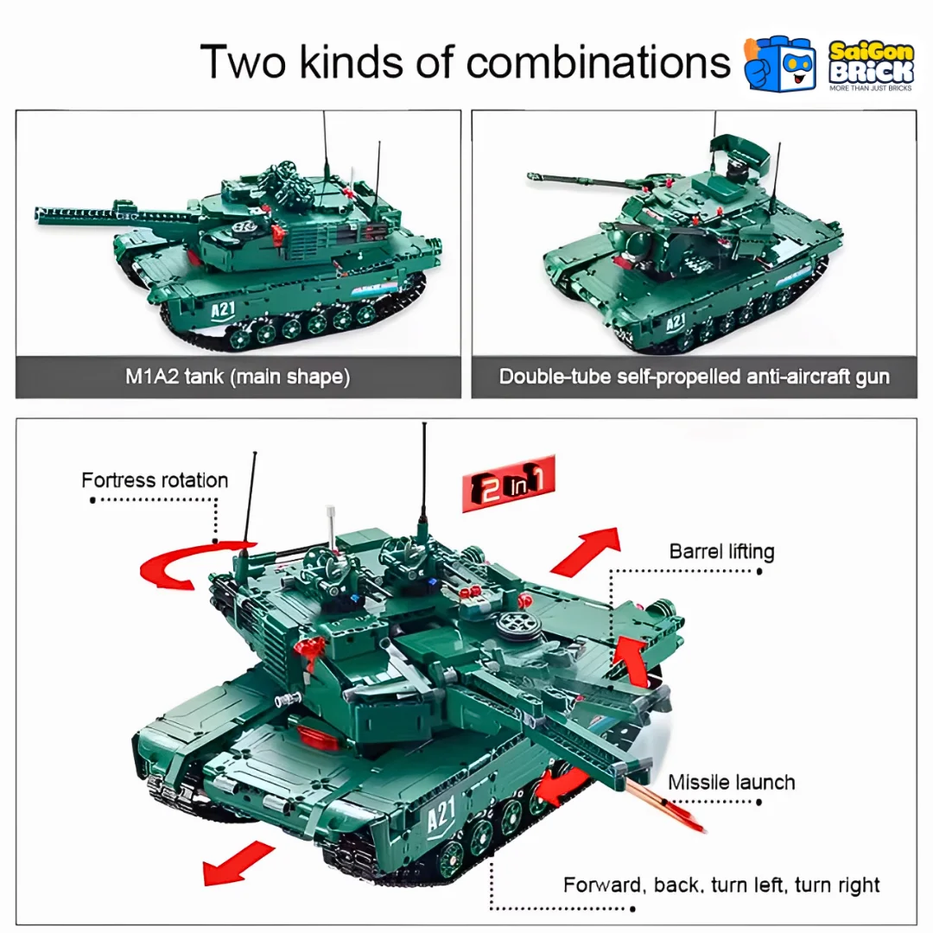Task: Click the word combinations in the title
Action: [598, 62]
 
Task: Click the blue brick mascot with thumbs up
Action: [781, 63]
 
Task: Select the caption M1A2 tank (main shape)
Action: [238, 377]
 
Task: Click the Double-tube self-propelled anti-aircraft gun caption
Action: [694, 377]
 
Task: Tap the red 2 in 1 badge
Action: [508, 483]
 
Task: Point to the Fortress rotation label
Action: [155, 480]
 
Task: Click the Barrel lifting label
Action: [721, 551]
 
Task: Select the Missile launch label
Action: [732, 782]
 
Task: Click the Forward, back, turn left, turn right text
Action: [721, 885]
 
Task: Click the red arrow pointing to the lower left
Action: [238, 863]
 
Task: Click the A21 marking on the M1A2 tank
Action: [223, 310]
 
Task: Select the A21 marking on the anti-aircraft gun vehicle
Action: [676, 322]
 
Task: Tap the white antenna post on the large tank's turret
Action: [331, 529]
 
